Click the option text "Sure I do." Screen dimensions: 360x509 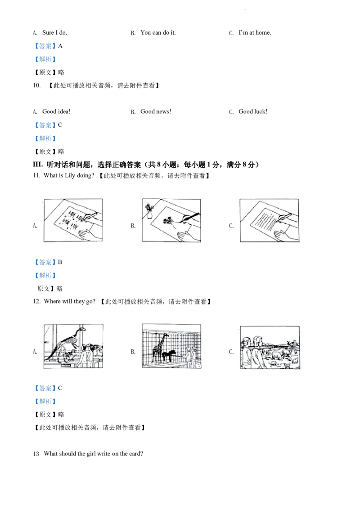pyautogui.click(x=54, y=32)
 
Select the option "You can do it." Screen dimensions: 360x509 pyautogui.click(x=158, y=32)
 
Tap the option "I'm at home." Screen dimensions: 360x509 pyautogui.click(x=255, y=32)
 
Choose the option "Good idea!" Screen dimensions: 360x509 pyautogui.click(x=56, y=112)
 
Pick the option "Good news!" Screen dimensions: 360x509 pyautogui.click(x=156, y=112)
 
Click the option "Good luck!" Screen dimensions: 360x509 pyautogui.click(x=253, y=112)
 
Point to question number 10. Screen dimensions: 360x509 pyautogui.click(x=37, y=85)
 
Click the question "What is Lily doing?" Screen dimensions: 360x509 pyautogui.click(x=69, y=176)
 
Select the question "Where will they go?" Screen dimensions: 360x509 pyautogui.click(x=70, y=301)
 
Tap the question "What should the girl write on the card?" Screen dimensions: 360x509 pyautogui.click(x=93, y=454)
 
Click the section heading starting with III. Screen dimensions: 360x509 pyautogui.click(x=146, y=165)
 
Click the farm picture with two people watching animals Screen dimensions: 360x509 pyautogui.click(x=270, y=347)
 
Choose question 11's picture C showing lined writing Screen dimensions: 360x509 pyautogui.click(x=270, y=220)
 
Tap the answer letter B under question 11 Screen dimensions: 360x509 pyautogui.click(x=60, y=262)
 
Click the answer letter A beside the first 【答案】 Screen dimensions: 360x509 pyautogui.click(x=60, y=46)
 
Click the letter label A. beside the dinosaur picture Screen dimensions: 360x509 pyautogui.click(x=35, y=352)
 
